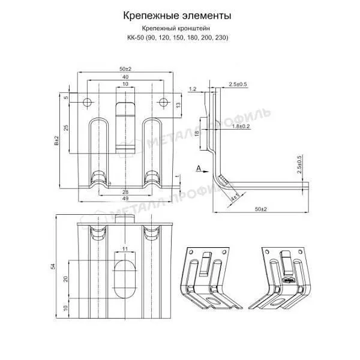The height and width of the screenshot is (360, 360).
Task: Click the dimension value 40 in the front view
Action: click(x=125, y=77)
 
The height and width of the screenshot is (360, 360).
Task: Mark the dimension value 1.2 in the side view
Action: click(x=192, y=89)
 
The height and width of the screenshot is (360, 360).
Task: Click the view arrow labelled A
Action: click(x=199, y=170)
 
